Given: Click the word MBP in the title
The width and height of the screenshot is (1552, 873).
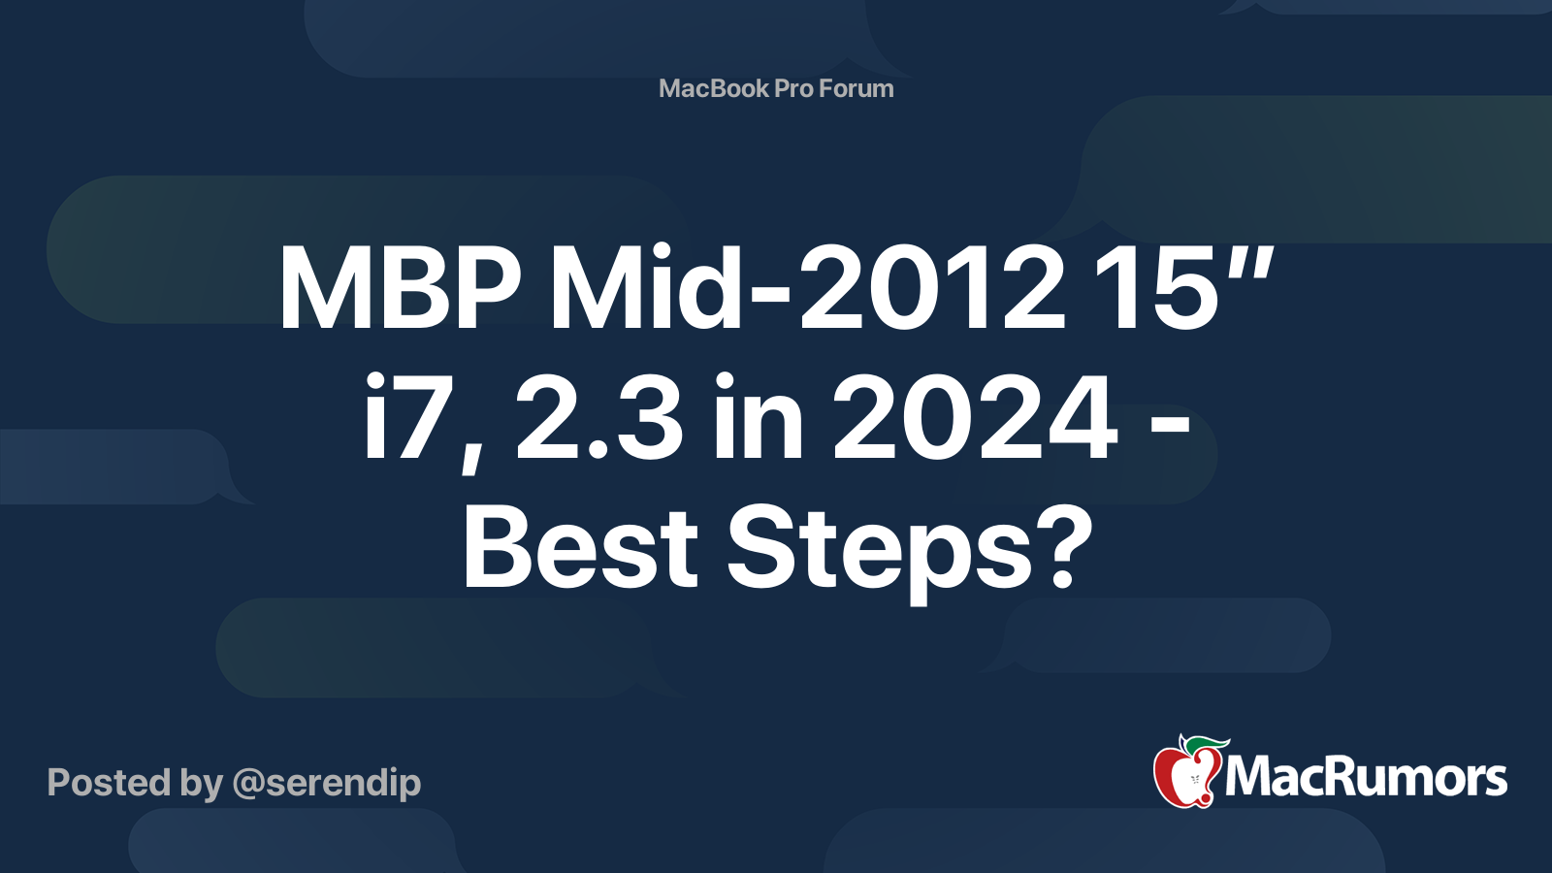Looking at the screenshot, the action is [400, 287].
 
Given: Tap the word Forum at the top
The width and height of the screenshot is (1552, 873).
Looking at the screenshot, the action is [856, 88].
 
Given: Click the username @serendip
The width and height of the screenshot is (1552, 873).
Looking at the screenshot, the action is [327, 784].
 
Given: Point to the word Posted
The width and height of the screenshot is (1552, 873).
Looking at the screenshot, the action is [110, 783].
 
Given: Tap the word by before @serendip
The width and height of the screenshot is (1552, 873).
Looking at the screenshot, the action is [202, 785].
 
